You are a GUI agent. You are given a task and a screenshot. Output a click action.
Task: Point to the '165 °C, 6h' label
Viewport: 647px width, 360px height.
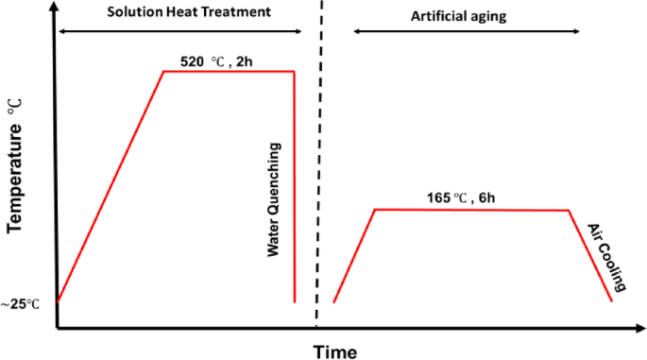click(460, 198)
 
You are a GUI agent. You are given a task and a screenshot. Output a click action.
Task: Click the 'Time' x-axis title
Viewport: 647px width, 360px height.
click(335, 351)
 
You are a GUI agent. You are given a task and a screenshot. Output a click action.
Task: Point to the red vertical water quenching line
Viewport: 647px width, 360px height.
click(296, 189)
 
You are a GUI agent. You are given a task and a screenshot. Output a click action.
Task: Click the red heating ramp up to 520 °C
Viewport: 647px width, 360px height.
click(111, 186)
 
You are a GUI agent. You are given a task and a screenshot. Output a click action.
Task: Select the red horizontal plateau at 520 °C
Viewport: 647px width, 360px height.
click(230, 72)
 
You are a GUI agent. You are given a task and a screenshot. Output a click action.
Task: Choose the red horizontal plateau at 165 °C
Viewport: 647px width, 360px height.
click(472, 210)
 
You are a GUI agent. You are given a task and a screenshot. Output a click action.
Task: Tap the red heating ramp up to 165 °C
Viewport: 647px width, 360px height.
click(355, 255)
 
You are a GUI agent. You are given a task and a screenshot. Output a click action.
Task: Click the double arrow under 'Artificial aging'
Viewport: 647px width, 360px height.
click(467, 32)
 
